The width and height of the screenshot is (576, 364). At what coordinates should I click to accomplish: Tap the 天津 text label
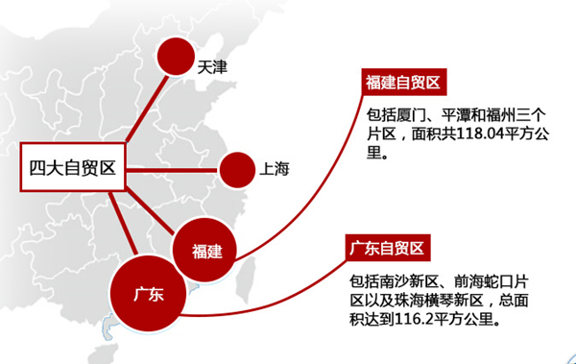coord(213,68)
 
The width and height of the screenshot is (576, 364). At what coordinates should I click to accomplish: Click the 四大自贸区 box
coord(71,170)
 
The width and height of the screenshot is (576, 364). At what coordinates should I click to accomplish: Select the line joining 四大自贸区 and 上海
coord(172,171)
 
